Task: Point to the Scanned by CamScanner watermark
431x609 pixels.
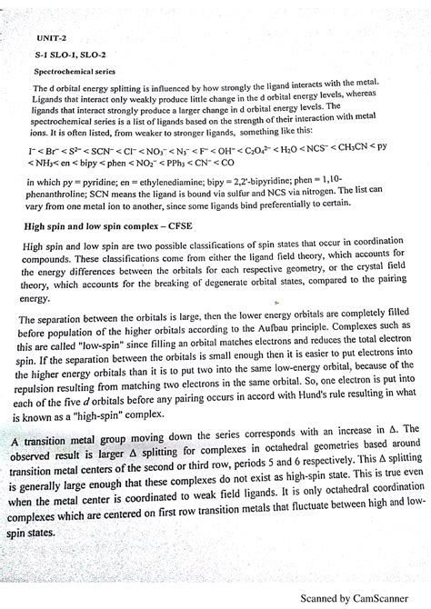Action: (x=361, y=598)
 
